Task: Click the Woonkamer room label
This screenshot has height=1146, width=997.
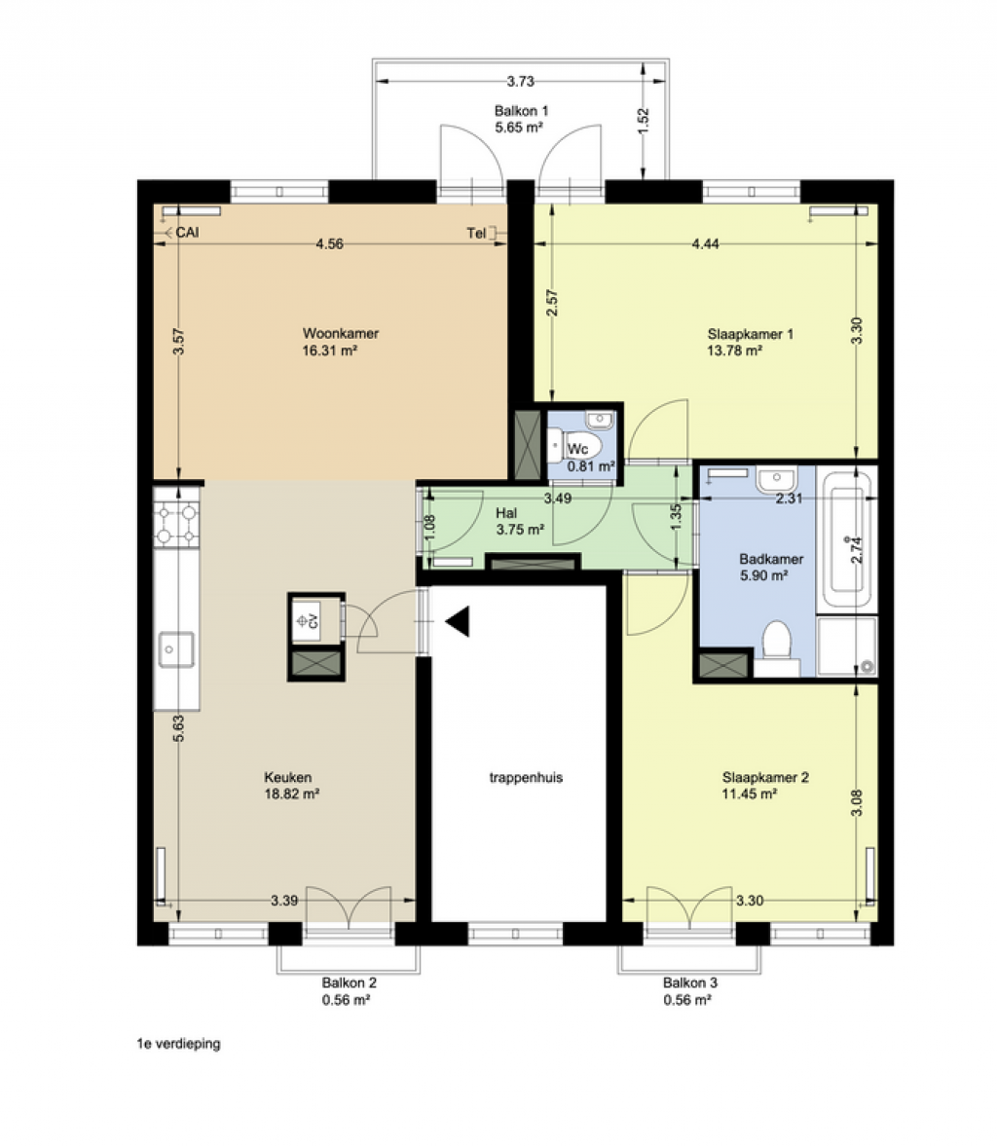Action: point(341,333)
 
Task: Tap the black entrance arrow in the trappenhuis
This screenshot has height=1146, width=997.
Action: point(458,622)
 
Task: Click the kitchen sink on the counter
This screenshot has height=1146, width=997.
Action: point(176,649)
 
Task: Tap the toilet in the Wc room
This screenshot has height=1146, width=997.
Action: point(573,445)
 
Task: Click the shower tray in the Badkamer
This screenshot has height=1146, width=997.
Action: point(846,647)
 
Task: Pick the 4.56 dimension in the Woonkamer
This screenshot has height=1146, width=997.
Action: point(330,244)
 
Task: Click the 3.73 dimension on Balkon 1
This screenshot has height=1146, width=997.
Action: point(521,81)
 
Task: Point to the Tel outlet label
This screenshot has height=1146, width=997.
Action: point(476,234)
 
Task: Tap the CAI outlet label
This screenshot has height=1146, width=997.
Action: point(187,233)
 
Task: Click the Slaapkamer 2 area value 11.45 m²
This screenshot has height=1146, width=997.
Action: point(750,795)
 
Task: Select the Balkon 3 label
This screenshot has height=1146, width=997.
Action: point(690,983)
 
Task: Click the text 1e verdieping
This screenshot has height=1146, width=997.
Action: point(178,1044)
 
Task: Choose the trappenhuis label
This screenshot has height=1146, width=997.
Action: point(527,778)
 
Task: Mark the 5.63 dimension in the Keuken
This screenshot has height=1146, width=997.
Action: point(179,728)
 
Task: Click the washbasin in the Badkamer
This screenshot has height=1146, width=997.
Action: point(776,480)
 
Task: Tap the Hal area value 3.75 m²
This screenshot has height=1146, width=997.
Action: point(520,530)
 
